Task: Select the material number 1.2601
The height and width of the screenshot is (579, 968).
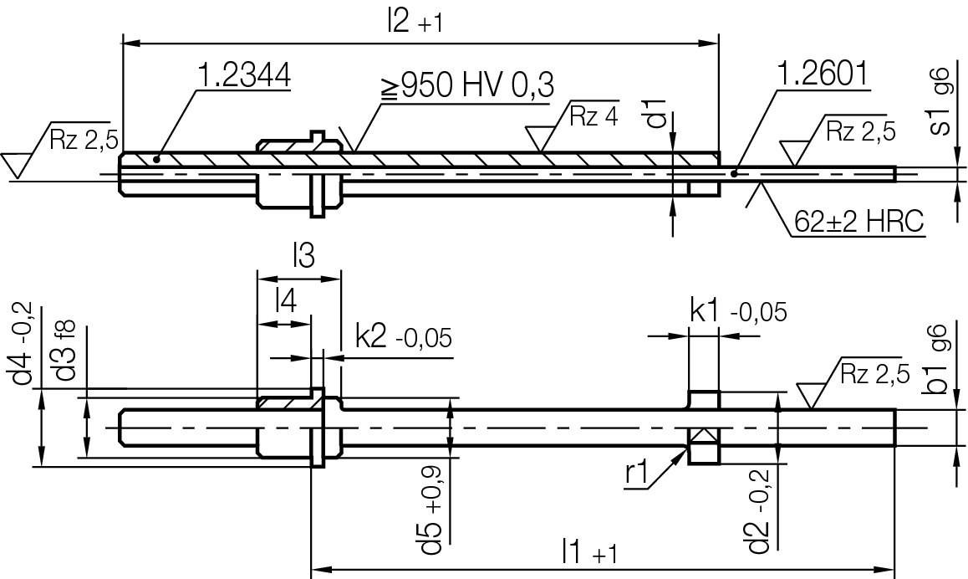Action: point(823,76)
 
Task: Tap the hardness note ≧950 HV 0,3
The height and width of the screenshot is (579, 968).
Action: point(468,86)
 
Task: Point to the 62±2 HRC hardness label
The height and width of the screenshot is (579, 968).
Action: point(858,223)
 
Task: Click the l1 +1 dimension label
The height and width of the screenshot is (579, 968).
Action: point(589,552)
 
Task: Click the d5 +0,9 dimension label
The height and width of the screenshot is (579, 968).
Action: point(433,519)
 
